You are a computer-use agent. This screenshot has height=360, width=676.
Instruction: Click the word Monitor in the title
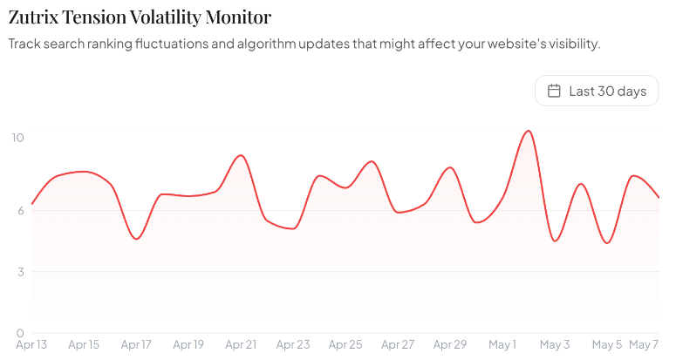[238, 17]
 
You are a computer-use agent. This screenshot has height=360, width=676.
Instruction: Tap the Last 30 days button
[597, 91]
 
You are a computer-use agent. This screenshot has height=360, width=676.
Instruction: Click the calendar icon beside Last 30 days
[554, 91]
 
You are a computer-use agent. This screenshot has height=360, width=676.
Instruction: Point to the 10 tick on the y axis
[17, 138]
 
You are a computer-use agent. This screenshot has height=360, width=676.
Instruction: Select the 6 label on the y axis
[20, 211]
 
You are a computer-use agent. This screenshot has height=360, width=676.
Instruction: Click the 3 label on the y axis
[21, 272]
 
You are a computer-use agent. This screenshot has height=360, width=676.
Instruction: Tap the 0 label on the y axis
[20, 333]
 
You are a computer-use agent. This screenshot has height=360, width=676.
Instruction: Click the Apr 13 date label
[31, 344]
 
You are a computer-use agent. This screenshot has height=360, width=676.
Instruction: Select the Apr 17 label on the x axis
[136, 344]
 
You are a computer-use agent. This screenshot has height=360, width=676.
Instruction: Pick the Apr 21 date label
[241, 344]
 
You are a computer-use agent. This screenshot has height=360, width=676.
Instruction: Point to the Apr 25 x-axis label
[345, 344]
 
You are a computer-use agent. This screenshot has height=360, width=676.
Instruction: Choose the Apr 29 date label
[450, 344]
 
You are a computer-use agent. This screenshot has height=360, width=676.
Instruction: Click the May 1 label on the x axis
[502, 344]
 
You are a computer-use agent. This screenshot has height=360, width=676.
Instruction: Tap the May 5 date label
[607, 344]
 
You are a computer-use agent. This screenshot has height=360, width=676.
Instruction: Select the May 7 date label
[644, 344]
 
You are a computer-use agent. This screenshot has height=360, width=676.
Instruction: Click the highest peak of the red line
[529, 131]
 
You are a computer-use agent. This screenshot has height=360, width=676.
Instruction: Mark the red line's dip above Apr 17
[137, 239]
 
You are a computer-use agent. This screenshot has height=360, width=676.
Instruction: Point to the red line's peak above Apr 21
[241, 155]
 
